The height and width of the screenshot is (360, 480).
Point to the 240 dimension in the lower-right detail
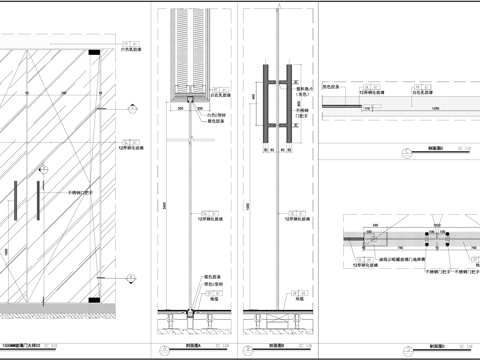click(371, 226)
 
